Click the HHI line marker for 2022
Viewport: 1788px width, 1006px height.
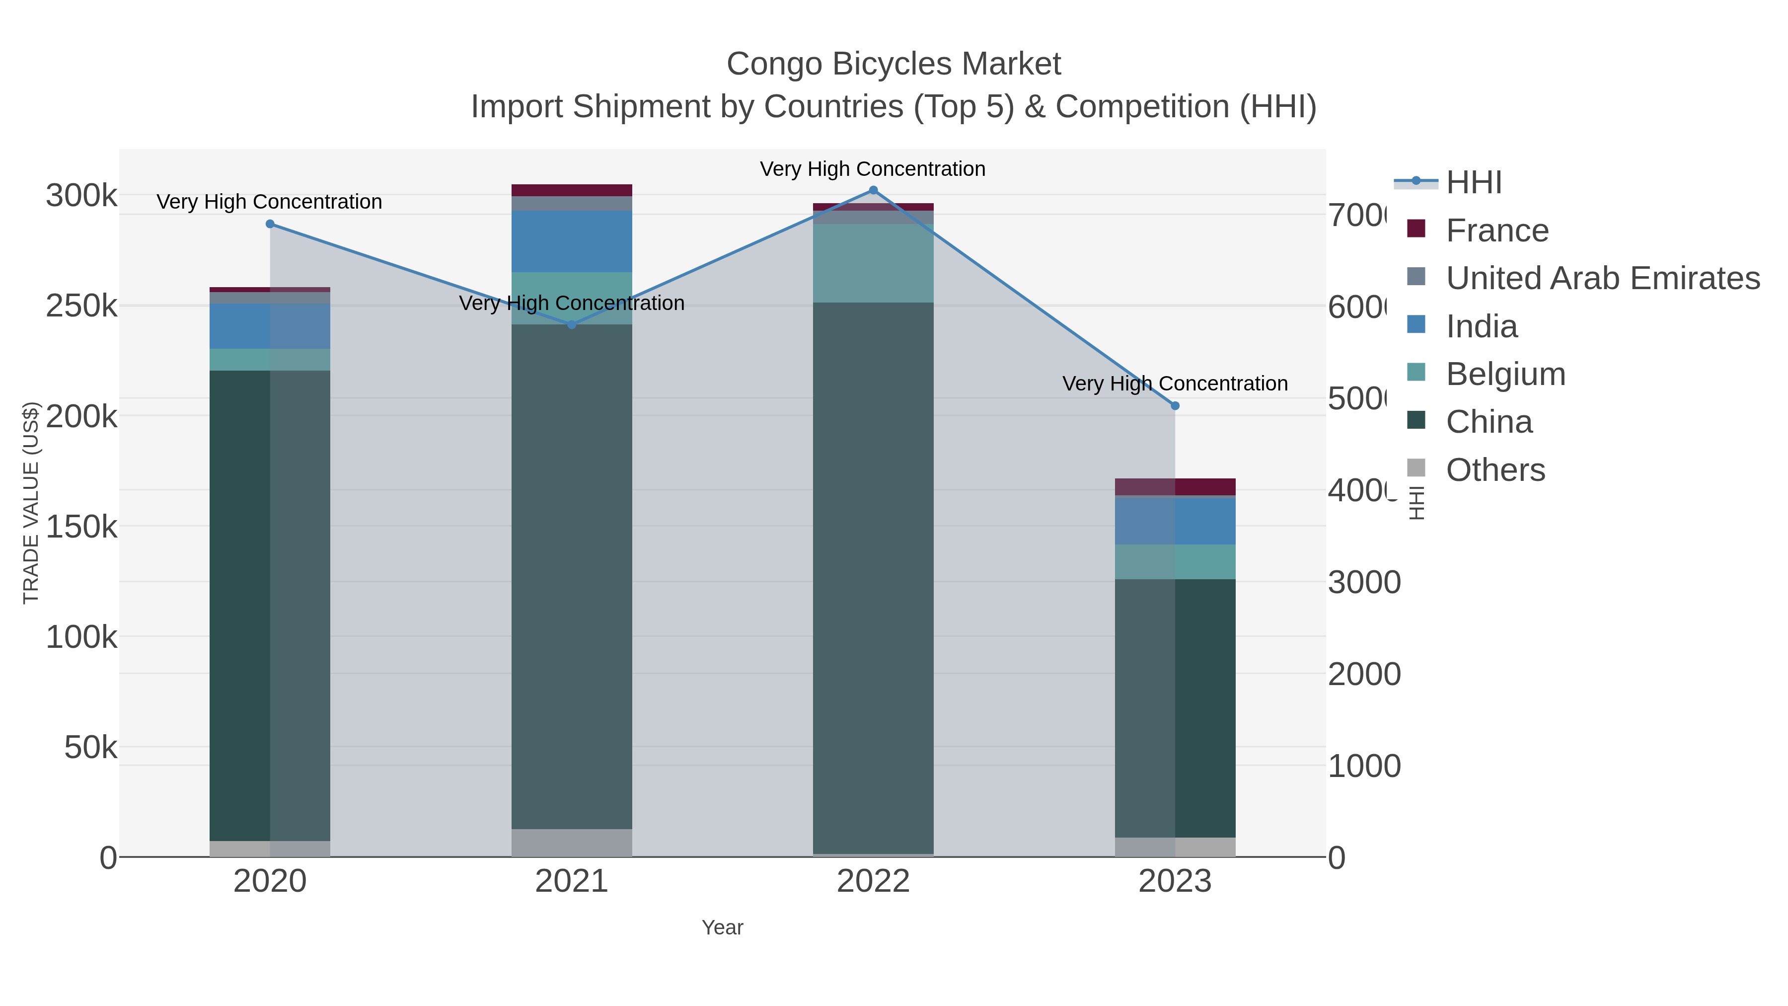pos(873,190)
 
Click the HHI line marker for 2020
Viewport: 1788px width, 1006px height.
pos(270,224)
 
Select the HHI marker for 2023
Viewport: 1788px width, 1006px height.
pos(1175,405)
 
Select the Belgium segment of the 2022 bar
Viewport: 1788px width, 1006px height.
pos(873,263)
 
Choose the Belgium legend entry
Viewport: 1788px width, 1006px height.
pos(1505,374)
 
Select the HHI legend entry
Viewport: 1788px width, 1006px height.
pos(1474,183)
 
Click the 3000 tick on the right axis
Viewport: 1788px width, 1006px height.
pos(1364,583)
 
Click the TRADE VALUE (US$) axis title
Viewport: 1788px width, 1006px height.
pos(31,503)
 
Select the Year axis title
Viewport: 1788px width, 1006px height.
pos(722,928)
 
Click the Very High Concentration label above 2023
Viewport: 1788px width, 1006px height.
pos(1175,383)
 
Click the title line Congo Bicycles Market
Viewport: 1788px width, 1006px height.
pos(894,64)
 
